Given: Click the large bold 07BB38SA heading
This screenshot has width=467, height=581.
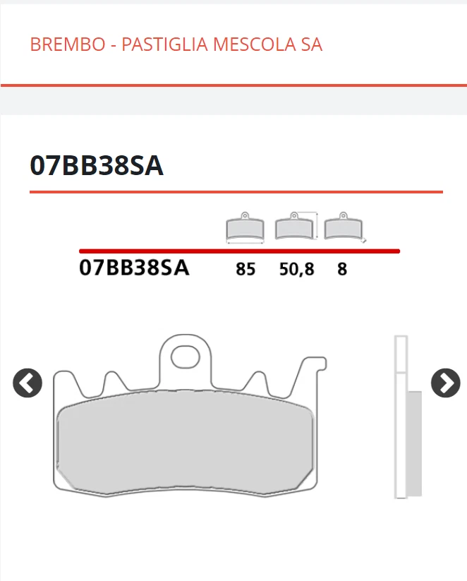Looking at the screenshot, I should click(97, 165).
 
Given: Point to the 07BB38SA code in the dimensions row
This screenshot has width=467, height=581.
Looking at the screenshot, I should click(134, 268).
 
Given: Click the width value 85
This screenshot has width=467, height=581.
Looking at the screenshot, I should click(245, 269).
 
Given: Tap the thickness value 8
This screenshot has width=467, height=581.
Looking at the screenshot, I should click(342, 269).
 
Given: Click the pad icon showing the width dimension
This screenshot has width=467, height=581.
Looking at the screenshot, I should click(245, 227).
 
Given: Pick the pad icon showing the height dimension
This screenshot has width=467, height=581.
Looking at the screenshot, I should click(296, 226).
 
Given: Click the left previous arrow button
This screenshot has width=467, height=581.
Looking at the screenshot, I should click(28, 383).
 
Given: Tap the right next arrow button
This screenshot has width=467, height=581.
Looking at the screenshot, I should click(445, 383).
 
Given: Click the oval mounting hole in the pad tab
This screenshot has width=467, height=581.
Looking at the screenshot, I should click(186, 354).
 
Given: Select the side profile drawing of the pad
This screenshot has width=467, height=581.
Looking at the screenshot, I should click(405, 417).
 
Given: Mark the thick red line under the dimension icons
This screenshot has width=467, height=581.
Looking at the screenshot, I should click(239, 251).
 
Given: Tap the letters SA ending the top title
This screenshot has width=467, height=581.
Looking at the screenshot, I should click(311, 44).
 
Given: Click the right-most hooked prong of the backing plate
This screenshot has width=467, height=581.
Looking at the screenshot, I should click(310, 374).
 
